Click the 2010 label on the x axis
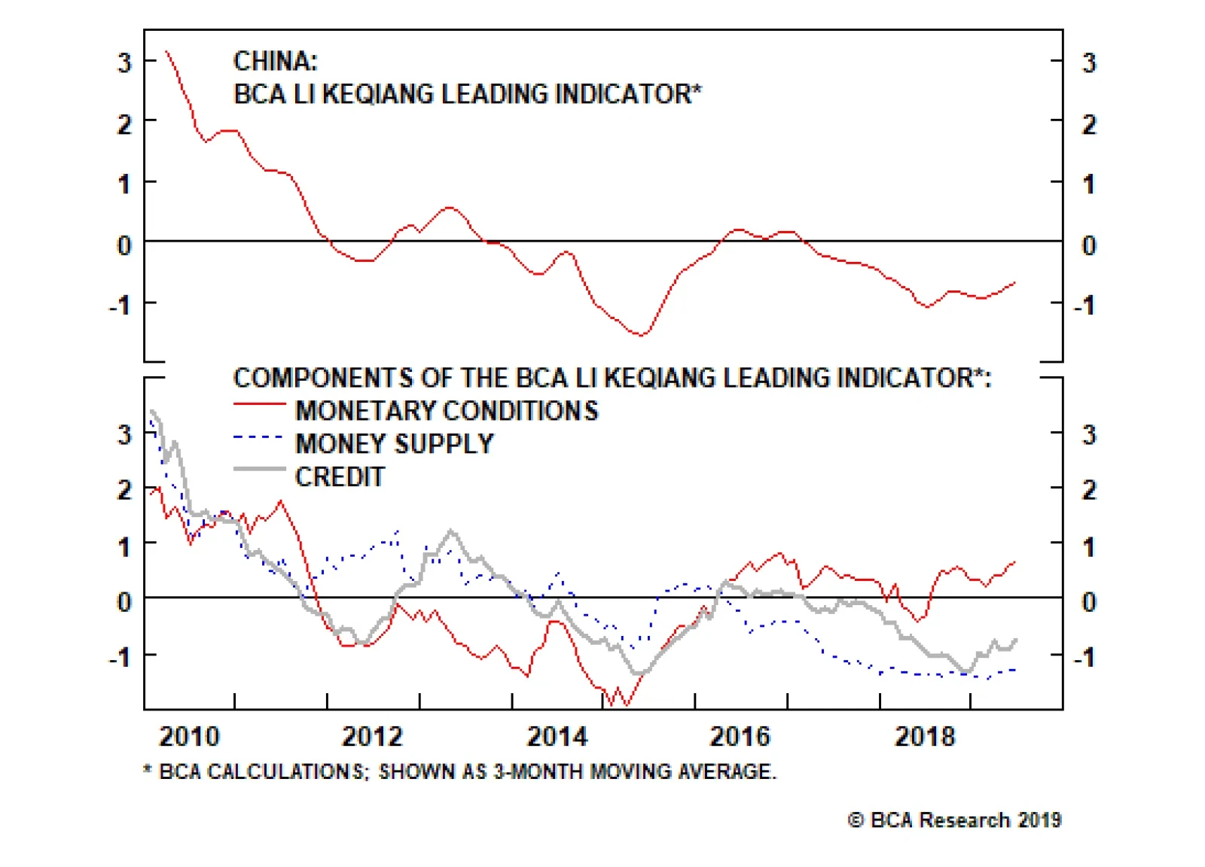[x=189, y=736]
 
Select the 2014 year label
[x=557, y=736]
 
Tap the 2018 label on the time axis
[x=925, y=736]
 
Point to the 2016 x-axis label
[x=740, y=736]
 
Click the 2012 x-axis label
[x=373, y=736]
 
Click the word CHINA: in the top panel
[x=276, y=61]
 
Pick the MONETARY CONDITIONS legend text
[x=447, y=411]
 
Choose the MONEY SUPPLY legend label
[x=395, y=444]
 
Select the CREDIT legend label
[x=340, y=477]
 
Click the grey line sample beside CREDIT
[x=259, y=470]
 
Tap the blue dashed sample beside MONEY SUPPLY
[x=259, y=437]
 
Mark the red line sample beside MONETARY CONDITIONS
[x=259, y=404]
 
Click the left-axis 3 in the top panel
[x=124, y=62]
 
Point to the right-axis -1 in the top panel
[x=1084, y=306]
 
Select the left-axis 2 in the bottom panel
[x=124, y=491]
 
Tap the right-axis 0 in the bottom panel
[x=1089, y=602]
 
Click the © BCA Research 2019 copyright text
[x=955, y=820]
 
